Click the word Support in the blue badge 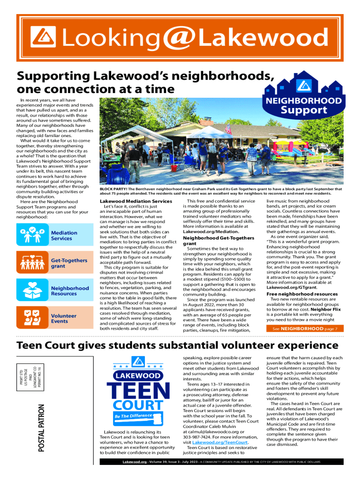click(x=303, y=110)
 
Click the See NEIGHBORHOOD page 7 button click(x=304, y=328)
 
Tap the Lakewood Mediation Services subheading click(x=136, y=201)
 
